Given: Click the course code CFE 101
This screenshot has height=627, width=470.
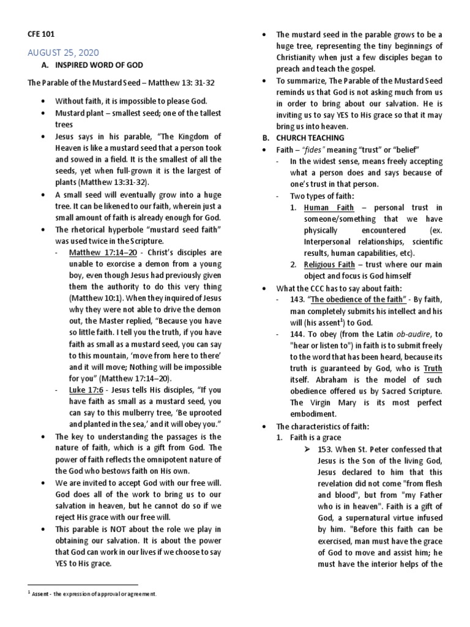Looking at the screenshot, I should (43, 35).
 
